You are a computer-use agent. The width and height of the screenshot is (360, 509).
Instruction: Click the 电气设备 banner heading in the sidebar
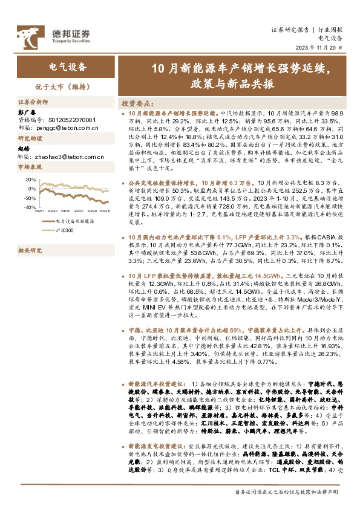pos(67,66)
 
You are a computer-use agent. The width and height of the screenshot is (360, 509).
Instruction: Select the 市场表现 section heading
pos(31,166)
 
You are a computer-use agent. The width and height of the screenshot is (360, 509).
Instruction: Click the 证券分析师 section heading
pos(33,102)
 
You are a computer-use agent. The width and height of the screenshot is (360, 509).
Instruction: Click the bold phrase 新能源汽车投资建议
pos(154,384)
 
